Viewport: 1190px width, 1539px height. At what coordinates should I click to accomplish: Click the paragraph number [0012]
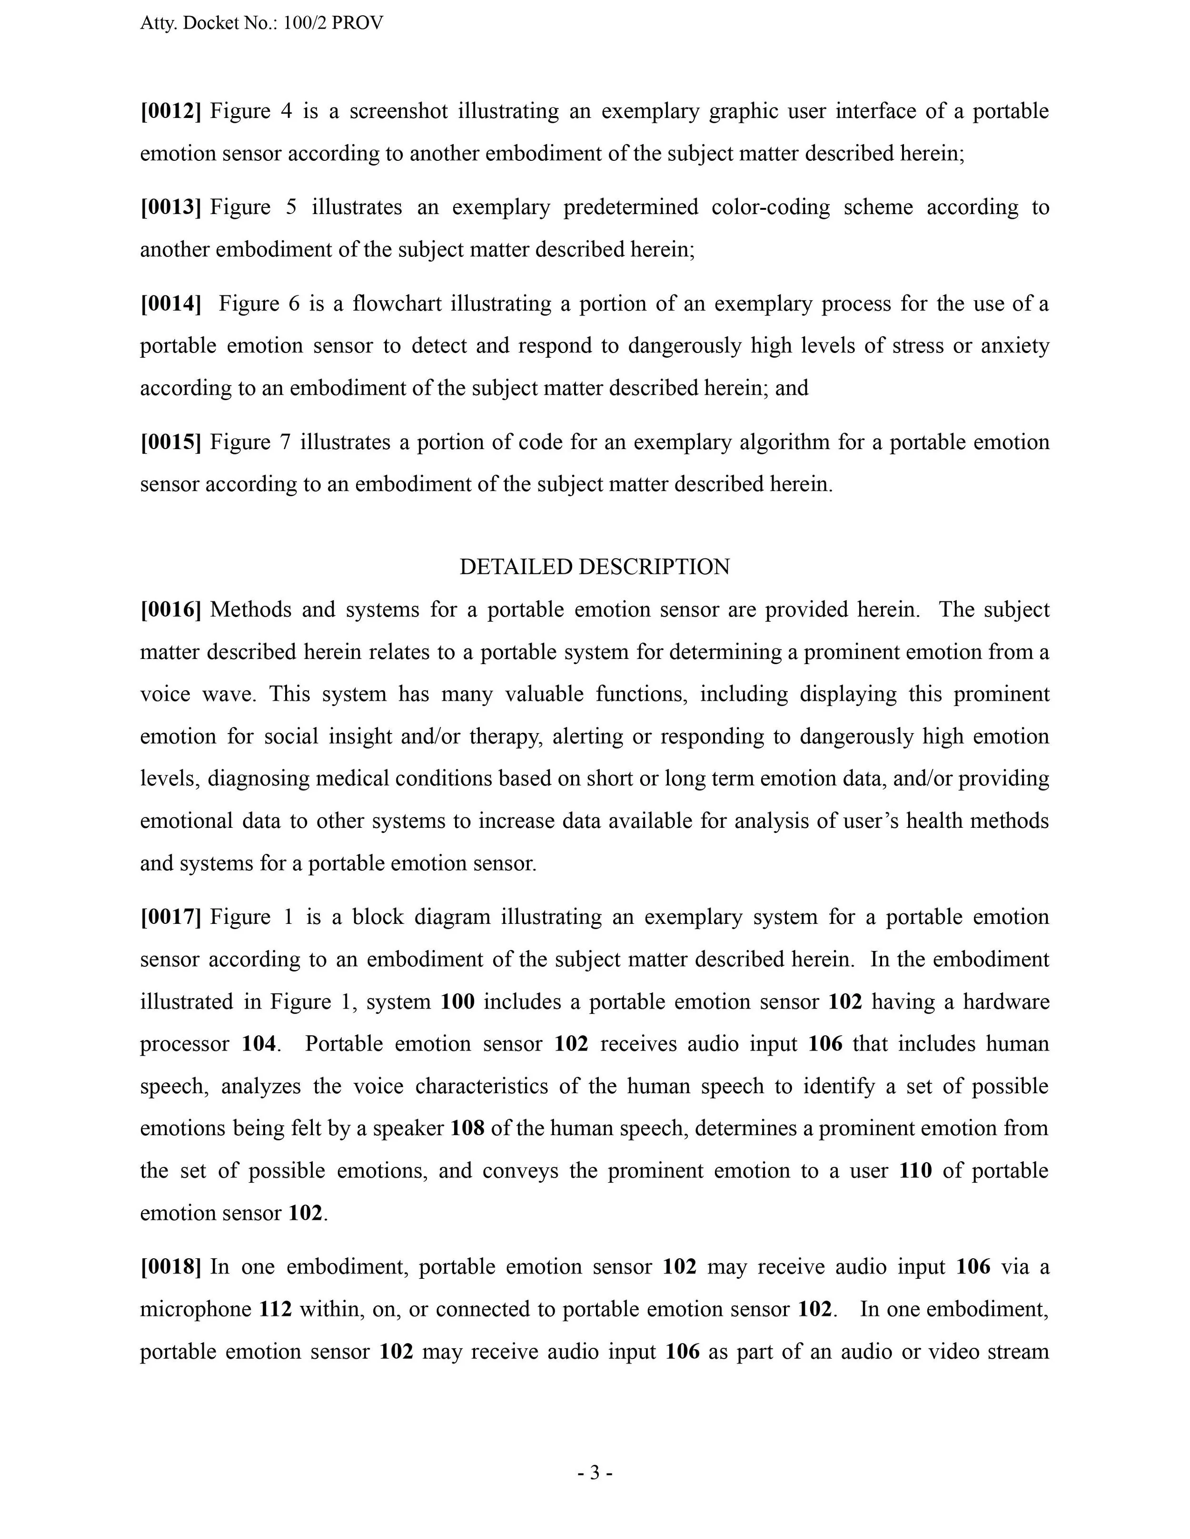click(x=170, y=111)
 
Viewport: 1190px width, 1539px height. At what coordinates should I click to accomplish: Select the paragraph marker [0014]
click(x=170, y=304)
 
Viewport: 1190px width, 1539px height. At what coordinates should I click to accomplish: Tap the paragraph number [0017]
click(x=170, y=917)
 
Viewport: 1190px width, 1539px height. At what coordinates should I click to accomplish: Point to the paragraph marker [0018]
click(x=170, y=1266)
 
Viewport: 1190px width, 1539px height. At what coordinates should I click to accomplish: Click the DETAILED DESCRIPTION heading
click(x=595, y=567)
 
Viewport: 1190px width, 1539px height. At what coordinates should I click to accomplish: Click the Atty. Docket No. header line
click(x=261, y=23)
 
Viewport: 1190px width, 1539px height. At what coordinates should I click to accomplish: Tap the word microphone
click(x=195, y=1309)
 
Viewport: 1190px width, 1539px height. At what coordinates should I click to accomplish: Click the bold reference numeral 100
click(x=457, y=1001)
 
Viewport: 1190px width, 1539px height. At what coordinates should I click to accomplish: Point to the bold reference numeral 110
click(x=916, y=1170)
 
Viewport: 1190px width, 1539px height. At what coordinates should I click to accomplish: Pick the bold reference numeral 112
click(x=276, y=1309)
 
